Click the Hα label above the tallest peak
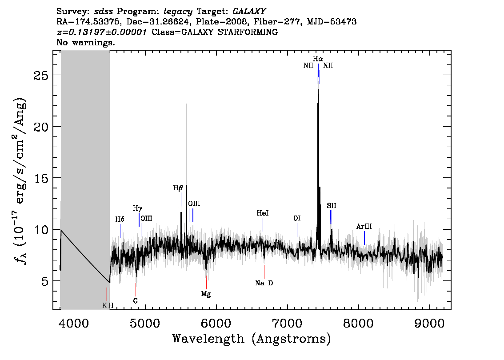point(318,59)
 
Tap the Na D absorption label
point(264,283)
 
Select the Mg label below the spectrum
point(206,294)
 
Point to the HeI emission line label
point(263,213)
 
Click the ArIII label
point(364,226)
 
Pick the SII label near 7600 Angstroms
point(332,206)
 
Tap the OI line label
point(297,219)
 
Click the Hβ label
point(178,188)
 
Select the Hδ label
point(120,220)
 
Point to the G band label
point(135,301)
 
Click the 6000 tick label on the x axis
point(216,323)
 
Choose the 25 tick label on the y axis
point(41,76)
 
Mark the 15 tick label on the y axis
point(41,178)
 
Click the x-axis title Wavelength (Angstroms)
point(252,339)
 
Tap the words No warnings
point(85,42)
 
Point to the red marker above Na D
point(264,272)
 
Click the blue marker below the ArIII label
point(364,238)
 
